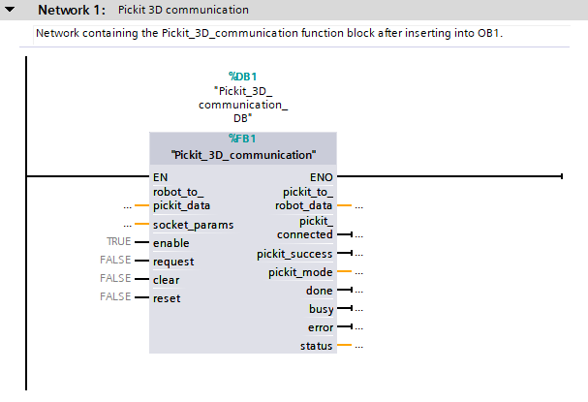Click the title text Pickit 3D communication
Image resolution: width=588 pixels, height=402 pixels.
point(183,10)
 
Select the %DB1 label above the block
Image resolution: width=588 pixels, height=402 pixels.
point(242,75)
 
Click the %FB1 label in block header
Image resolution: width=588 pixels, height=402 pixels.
point(242,138)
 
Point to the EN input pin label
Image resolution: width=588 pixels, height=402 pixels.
point(160,177)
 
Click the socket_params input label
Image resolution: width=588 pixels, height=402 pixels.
point(193,224)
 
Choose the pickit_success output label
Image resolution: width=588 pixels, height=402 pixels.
point(294,254)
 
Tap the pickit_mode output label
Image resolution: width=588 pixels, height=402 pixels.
point(300,272)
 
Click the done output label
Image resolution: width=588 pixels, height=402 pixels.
point(319,291)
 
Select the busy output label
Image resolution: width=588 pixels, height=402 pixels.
point(320,309)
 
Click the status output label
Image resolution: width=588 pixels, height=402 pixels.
point(316,346)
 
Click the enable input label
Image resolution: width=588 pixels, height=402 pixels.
point(170,242)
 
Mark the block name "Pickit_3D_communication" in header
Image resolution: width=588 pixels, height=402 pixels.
point(243,154)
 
